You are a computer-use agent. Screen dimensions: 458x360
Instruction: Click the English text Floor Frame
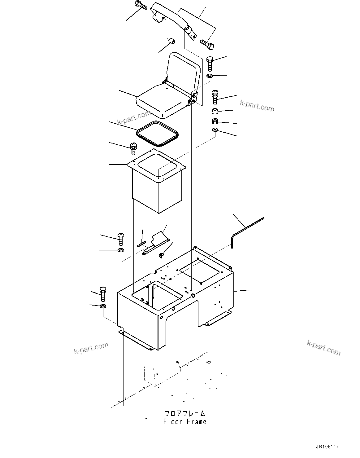(x=184, y=421)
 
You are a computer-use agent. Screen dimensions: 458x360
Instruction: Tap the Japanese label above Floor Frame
(x=184, y=413)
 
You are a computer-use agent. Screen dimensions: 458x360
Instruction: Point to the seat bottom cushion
(x=161, y=102)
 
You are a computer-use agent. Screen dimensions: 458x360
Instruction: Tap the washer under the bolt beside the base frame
(x=103, y=306)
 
